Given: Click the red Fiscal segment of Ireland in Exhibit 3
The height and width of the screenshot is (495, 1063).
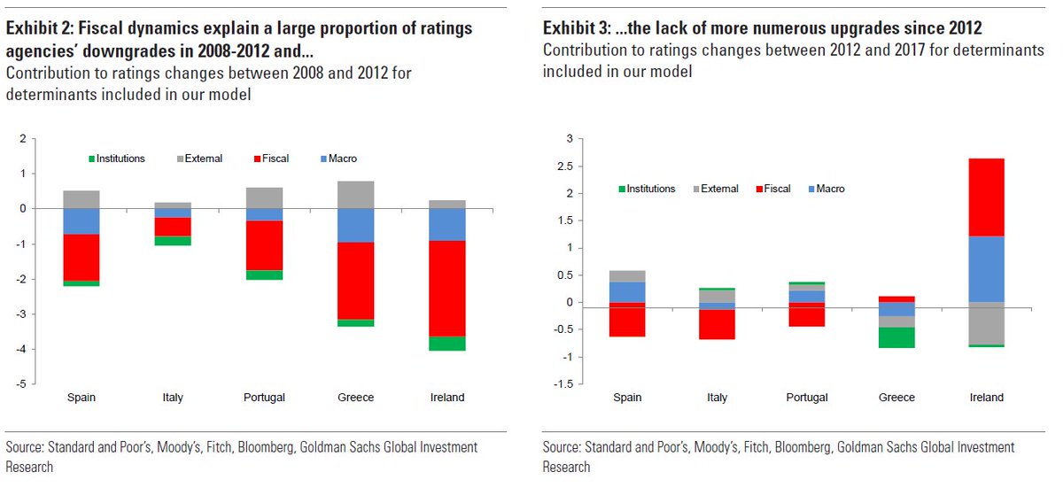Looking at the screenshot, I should [986, 197].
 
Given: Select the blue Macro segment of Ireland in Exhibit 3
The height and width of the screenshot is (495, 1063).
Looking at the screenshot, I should [986, 268].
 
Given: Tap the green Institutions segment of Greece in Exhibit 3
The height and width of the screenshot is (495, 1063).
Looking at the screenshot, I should [896, 337].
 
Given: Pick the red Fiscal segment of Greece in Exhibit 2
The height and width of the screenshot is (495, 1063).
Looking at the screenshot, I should [355, 281].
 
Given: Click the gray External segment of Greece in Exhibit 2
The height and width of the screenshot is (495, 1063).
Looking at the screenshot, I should [355, 195].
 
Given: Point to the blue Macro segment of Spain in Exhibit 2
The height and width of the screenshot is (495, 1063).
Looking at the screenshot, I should [81, 220].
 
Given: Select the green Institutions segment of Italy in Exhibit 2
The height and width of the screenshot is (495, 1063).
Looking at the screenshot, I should [173, 241].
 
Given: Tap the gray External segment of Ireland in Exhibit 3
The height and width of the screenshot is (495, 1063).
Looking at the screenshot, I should [986, 323].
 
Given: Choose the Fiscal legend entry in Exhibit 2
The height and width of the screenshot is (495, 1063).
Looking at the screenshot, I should [271, 159].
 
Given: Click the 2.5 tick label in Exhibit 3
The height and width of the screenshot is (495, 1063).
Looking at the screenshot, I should [565, 166].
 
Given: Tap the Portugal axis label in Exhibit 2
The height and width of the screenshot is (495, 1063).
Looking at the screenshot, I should [264, 398].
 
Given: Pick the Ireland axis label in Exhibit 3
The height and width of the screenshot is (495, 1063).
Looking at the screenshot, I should [986, 398].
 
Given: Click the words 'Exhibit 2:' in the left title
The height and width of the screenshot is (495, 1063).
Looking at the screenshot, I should [38, 27].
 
